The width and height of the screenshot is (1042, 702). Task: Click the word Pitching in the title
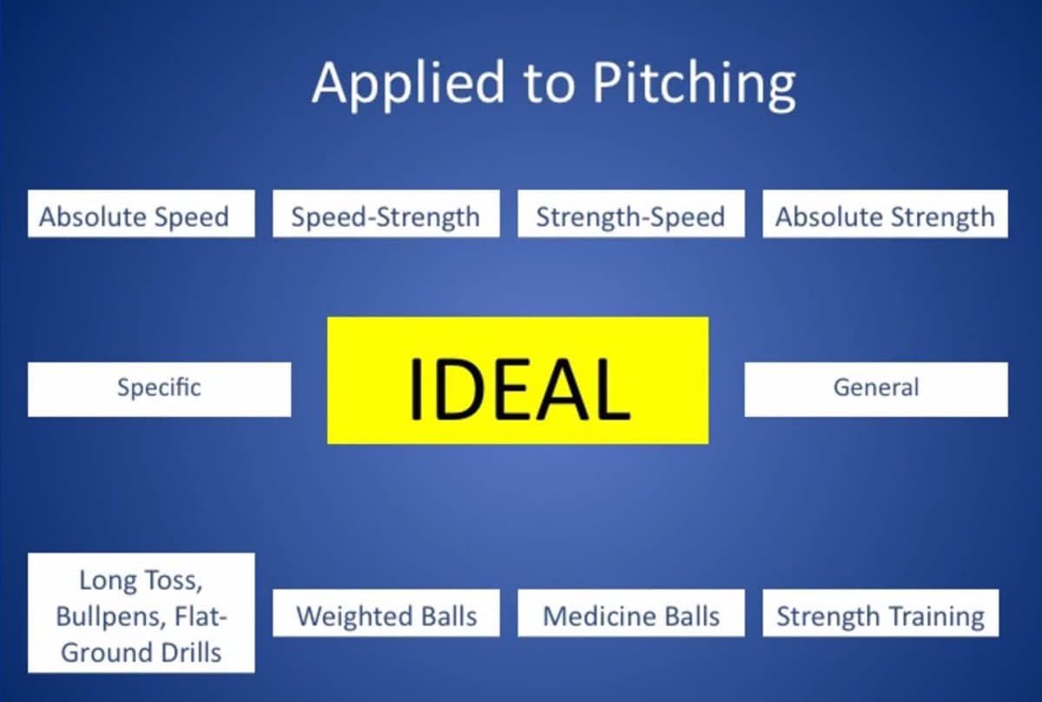point(694,84)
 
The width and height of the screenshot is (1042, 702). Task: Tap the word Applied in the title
point(408,84)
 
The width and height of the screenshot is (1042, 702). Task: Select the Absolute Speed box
point(141,215)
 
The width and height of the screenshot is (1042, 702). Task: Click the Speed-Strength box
point(386,215)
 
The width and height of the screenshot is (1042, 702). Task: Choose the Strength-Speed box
point(630,215)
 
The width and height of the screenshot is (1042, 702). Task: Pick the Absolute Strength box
point(885,215)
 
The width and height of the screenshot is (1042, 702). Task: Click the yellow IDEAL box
point(518,381)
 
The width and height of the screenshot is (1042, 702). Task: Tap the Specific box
point(159,388)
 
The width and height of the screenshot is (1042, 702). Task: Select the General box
point(875,388)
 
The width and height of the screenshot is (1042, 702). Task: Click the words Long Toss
point(141,579)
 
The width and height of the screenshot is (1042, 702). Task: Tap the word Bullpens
point(108,616)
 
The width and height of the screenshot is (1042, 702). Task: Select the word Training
point(935,616)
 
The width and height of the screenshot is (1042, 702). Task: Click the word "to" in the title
point(549,84)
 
